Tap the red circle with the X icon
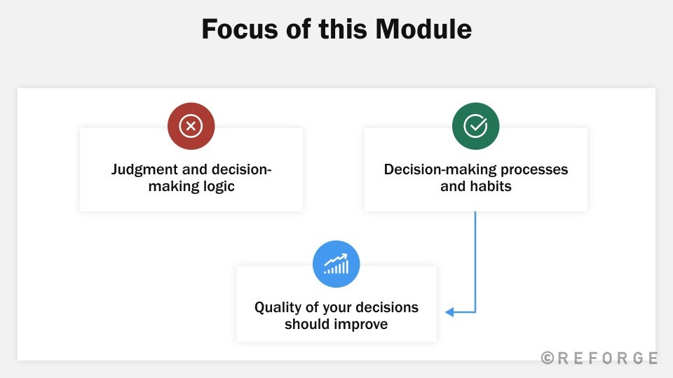click(191, 126)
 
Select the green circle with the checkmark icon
click(475, 126)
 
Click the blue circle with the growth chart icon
click(336, 265)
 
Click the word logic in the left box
click(217, 187)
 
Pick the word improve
click(362, 325)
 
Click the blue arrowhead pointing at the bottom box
click(449, 312)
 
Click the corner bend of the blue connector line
click(475, 312)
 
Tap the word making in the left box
click(172, 187)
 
